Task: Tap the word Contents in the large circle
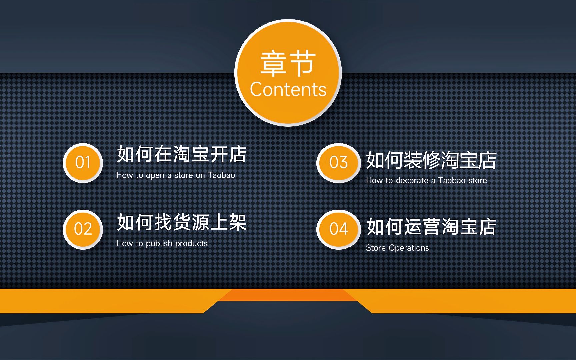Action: [x=288, y=89]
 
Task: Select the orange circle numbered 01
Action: [x=83, y=163]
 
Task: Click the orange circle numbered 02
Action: [x=83, y=229]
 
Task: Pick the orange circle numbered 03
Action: [x=338, y=163]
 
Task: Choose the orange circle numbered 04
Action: [x=338, y=229]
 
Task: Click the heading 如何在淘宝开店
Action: [x=181, y=154]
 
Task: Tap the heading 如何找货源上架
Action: [x=181, y=222]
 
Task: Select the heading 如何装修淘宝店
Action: [x=431, y=160]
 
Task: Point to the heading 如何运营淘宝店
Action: [x=431, y=227]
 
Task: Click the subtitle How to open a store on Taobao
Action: [x=175, y=175]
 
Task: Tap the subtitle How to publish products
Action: [x=162, y=243]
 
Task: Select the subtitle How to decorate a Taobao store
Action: [x=426, y=180]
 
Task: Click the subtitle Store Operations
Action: [x=397, y=248]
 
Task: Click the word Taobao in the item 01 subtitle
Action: [x=221, y=175]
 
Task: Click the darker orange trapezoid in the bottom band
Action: [x=288, y=295]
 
